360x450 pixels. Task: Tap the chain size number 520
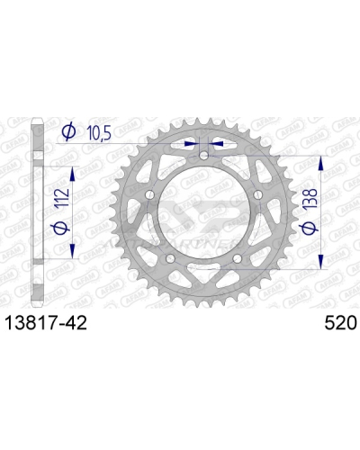point(337,321)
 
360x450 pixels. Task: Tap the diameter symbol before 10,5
point(67,133)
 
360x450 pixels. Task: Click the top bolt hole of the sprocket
point(204,156)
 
